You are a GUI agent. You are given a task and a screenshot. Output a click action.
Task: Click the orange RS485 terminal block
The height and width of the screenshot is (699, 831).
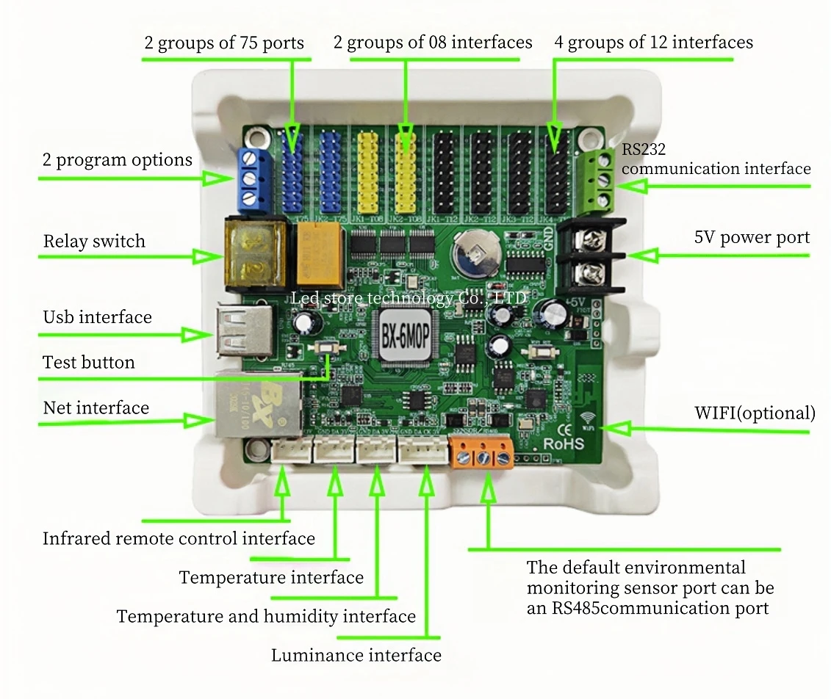click(x=483, y=453)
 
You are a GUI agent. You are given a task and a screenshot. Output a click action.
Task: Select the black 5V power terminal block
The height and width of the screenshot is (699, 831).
click(x=589, y=256)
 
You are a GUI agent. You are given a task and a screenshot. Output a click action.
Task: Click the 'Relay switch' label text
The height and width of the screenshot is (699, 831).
click(x=94, y=242)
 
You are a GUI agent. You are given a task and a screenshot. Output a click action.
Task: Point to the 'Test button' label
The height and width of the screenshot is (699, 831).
click(x=89, y=362)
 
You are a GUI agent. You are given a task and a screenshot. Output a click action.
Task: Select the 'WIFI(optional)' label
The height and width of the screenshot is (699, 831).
click(x=755, y=413)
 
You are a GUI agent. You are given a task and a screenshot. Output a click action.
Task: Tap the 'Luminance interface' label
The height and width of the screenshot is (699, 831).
click(x=356, y=655)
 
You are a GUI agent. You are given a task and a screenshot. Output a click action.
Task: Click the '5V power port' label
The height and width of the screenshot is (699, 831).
click(x=752, y=238)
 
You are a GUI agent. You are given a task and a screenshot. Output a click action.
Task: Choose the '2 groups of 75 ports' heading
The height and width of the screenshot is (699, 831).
click(x=224, y=43)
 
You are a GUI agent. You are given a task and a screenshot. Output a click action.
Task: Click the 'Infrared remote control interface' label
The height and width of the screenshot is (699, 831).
click(x=179, y=538)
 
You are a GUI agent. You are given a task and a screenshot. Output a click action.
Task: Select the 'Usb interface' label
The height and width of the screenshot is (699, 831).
click(x=97, y=317)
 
